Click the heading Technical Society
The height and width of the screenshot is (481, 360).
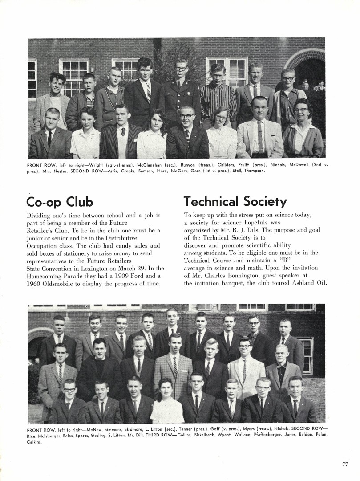[235, 202]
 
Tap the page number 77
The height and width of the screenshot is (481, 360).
[345, 464]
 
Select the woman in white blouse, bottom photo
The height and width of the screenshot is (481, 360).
[166, 403]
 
